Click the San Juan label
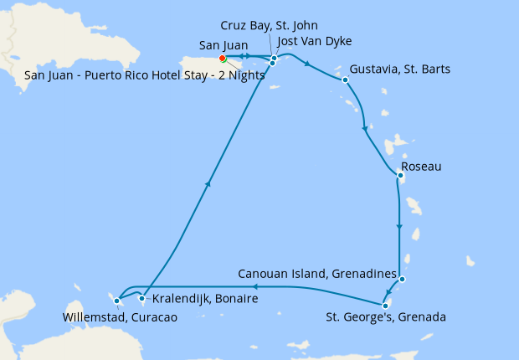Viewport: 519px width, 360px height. point(222,45)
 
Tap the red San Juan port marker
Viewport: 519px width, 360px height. point(222,59)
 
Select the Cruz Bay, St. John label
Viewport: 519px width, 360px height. point(269,26)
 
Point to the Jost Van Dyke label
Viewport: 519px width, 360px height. point(314,41)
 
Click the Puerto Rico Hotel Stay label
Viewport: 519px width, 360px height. point(145,75)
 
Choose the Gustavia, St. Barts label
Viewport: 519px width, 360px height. point(401,69)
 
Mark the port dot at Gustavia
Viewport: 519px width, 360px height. point(345,80)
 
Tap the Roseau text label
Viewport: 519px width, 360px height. point(421,167)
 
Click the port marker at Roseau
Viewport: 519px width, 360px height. point(401,175)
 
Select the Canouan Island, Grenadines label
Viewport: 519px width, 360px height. point(316,274)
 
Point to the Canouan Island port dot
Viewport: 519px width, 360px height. point(403,280)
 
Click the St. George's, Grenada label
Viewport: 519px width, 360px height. point(386,317)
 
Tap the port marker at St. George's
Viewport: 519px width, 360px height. point(384,304)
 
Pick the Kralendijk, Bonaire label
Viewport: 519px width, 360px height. point(205,299)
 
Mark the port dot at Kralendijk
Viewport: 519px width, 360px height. point(142,299)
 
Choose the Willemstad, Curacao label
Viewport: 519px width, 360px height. point(120,316)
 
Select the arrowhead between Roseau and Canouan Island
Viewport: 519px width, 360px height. point(399,227)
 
